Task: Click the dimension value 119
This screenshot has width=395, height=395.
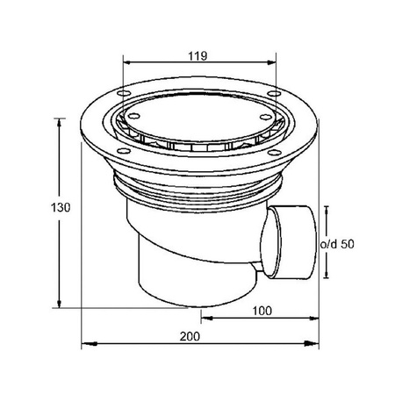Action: (x=197, y=55)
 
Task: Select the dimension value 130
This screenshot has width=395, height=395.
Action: (x=61, y=207)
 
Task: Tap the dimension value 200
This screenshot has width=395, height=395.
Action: (x=190, y=336)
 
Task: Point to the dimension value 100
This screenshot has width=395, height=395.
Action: (x=262, y=311)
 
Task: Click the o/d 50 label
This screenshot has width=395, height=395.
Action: (x=337, y=244)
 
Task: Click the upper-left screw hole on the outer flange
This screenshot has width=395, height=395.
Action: (x=124, y=93)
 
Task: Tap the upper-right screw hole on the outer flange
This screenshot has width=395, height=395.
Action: (x=274, y=94)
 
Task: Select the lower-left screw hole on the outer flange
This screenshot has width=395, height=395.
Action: (x=124, y=151)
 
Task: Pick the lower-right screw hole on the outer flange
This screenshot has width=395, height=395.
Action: (x=275, y=153)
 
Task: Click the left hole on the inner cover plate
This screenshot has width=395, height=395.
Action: (x=134, y=116)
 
